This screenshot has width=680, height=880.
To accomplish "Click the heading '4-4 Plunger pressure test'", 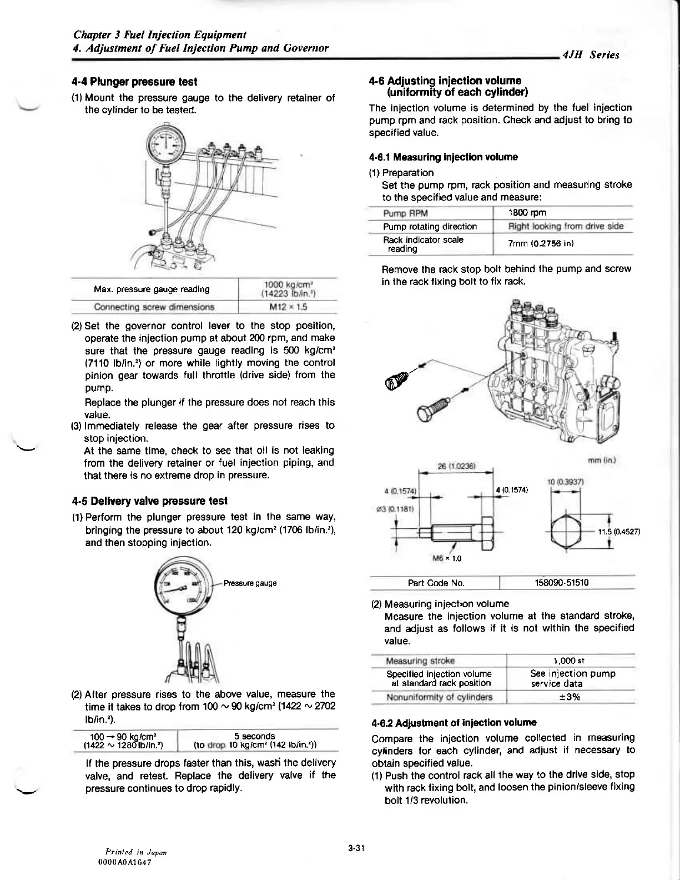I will (134, 82).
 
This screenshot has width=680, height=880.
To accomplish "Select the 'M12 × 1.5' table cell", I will (288, 307).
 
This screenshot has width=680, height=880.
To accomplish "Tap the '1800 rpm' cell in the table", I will (527, 213).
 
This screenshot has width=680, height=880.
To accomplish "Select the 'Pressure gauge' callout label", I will (250, 583).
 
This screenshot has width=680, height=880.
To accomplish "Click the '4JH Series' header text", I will (591, 54).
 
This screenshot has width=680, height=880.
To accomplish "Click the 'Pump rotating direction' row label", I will (430, 226).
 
